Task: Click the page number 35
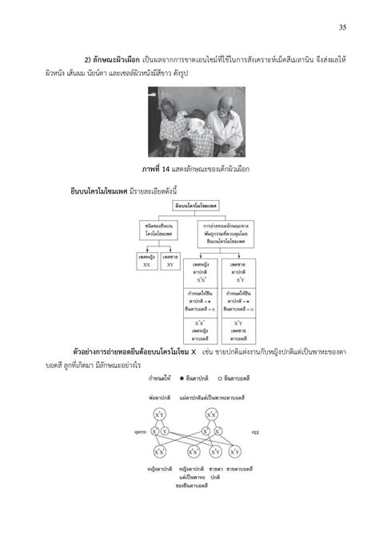tap(341, 28)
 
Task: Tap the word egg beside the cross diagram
tap(255, 432)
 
